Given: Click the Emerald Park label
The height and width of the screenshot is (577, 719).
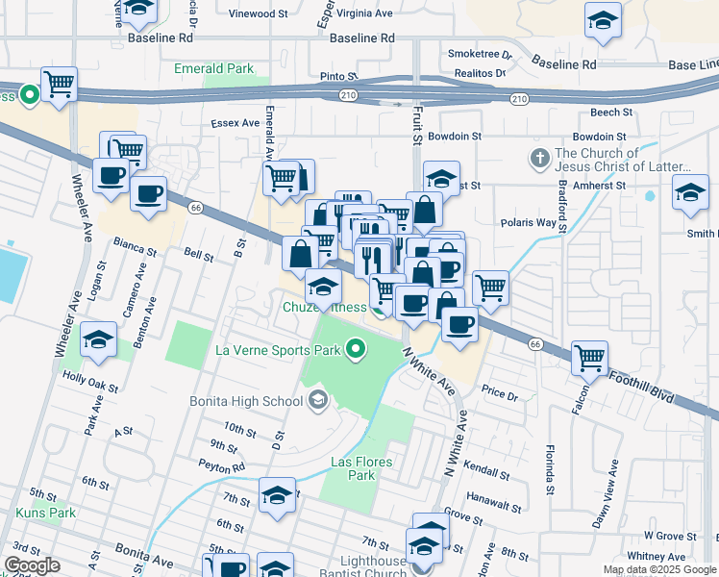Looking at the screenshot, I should [x=213, y=68].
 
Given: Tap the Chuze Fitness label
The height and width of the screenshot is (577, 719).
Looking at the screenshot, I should [x=324, y=308].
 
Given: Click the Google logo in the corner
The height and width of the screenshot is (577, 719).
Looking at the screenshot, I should [x=32, y=565].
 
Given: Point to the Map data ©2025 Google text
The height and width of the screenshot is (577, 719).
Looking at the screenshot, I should [x=658, y=569].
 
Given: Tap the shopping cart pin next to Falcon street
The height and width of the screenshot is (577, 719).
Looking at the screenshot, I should [x=589, y=358].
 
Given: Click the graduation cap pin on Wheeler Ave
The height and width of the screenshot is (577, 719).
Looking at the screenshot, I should [x=99, y=340].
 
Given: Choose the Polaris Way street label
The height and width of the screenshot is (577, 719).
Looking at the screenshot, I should [x=529, y=222].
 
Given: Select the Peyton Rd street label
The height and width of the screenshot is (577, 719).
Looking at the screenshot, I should [x=224, y=467].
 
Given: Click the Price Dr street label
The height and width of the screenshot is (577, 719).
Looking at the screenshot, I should [x=499, y=393].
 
